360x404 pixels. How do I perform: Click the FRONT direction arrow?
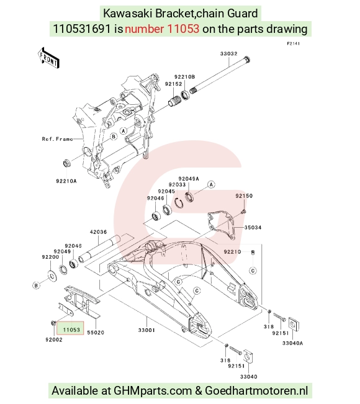pos(48,58)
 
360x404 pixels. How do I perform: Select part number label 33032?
pos(228,53)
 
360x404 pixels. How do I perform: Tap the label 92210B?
pos(184,77)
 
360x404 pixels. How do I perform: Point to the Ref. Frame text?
pos(57,139)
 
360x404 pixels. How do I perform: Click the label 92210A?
pos(66,181)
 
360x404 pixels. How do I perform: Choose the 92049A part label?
pos(189,179)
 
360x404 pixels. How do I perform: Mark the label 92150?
pos(244,196)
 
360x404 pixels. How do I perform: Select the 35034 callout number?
pos(253,228)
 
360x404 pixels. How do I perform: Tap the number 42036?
pos(98,232)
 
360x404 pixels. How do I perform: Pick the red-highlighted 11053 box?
pos(70,328)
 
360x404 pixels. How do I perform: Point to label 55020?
pos(96,333)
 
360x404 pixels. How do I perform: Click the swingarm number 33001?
pos(146,330)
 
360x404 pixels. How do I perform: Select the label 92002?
pos(54,340)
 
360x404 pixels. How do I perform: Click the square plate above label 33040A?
pos(293,325)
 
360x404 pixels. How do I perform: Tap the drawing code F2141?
pos(293,43)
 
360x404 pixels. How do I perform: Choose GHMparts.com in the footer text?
pos(153,391)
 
